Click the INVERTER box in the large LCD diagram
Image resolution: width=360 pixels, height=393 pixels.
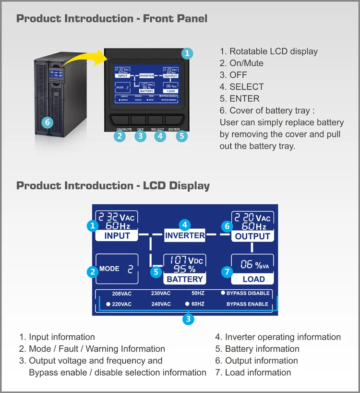click(185, 235)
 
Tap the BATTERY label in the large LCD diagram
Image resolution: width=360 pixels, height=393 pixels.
click(185, 279)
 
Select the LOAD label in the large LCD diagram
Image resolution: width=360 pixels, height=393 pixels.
click(253, 279)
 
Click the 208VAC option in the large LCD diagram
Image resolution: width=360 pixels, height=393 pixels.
click(121, 294)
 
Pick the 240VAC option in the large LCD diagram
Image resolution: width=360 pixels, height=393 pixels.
click(161, 304)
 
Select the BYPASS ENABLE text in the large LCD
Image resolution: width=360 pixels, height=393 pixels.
click(247, 304)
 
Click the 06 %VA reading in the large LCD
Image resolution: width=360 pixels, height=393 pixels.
click(254, 264)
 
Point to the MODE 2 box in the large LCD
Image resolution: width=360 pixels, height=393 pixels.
click(117, 269)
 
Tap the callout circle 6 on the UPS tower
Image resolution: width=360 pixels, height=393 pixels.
click(47, 123)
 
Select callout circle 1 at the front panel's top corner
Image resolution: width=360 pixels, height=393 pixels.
click(187, 53)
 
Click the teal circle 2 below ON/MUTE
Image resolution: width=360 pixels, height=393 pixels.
click(120, 136)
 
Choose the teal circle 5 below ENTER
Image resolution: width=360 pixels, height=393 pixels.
click(181, 136)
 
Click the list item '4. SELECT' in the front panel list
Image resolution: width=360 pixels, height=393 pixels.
click(242, 87)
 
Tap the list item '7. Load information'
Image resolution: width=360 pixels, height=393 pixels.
click(253, 372)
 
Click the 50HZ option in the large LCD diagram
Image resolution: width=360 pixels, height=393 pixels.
click(198, 294)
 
